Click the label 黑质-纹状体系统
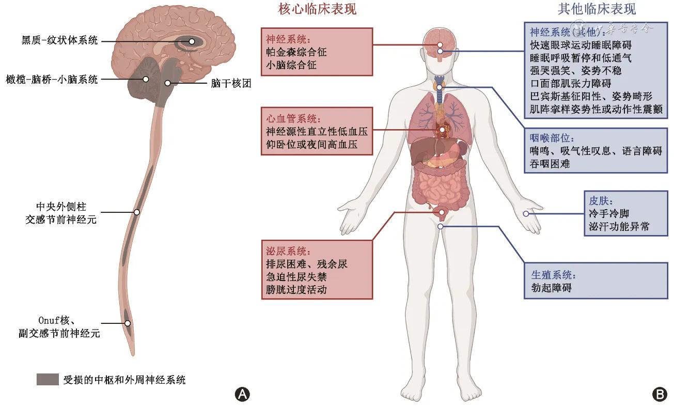(x=59, y=41)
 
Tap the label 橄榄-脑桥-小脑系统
(x=51, y=79)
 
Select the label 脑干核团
(x=231, y=84)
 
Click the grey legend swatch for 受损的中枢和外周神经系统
(x=48, y=380)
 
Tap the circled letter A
(x=242, y=394)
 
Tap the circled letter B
(x=660, y=394)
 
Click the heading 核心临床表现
(x=317, y=9)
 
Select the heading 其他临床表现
(x=597, y=9)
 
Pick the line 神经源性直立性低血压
(x=311, y=131)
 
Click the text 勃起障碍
(x=551, y=288)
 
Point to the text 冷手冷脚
(x=609, y=213)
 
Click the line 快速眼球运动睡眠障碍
(x=581, y=45)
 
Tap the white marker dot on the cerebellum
(x=146, y=79)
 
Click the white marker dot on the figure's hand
(x=526, y=213)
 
